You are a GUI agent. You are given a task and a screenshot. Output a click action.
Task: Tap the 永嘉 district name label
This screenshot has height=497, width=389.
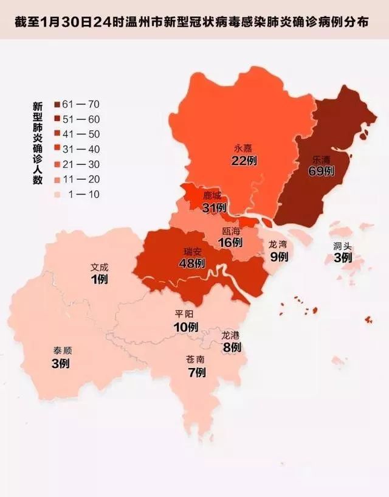pos(243,148)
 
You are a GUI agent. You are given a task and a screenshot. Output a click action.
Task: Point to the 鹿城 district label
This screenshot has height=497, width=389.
pos(213,196)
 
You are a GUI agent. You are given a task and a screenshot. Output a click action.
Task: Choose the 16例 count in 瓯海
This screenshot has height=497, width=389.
pos(230,243)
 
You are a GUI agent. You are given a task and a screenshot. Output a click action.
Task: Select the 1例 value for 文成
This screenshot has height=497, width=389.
pos(98,279)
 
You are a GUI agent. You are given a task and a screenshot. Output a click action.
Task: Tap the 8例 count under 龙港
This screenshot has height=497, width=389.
pos(232,348)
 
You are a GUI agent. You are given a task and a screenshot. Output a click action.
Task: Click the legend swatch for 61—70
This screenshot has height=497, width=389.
pos(56,105)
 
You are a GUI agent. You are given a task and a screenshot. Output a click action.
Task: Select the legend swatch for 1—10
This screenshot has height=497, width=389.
pos(56,195)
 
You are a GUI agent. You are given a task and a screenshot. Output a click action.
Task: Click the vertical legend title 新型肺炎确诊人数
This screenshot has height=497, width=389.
pos(37,142)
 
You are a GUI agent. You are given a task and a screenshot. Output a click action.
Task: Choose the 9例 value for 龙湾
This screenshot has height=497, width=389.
pos(278,257)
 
